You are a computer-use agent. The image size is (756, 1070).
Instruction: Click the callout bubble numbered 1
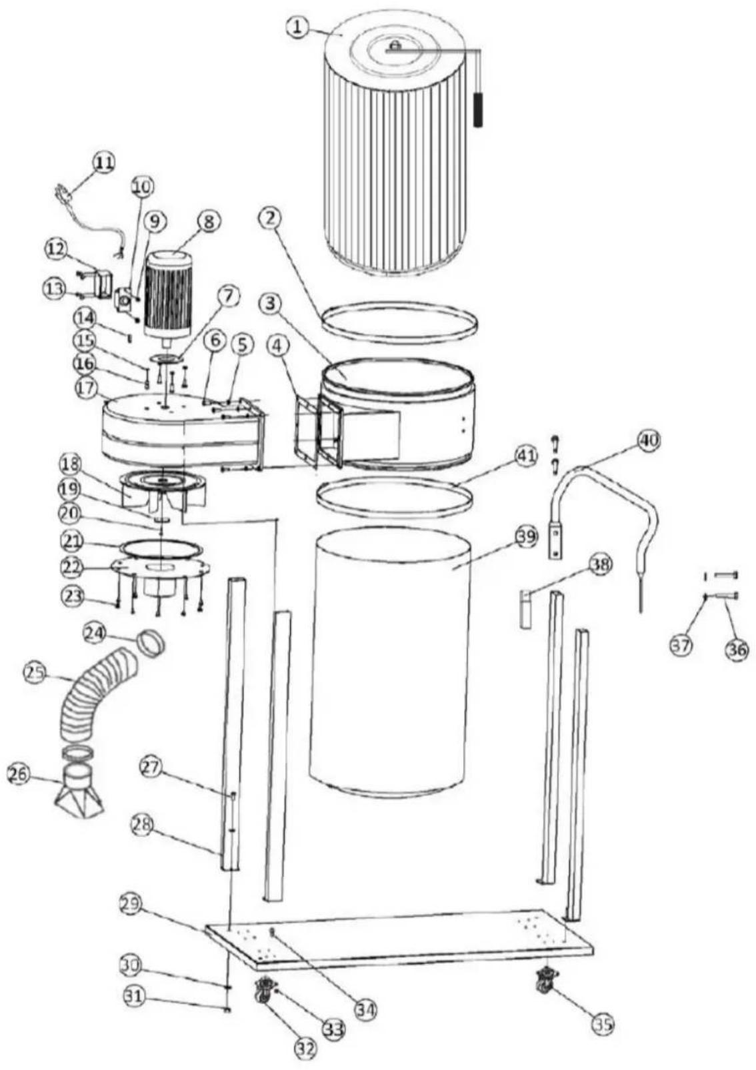pyautogui.click(x=298, y=27)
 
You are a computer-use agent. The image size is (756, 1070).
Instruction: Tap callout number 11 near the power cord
pyautogui.click(x=104, y=163)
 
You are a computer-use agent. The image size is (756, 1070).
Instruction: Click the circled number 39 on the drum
pyautogui.click(x=527, y=536)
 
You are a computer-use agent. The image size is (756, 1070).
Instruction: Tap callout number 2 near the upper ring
pyautogui.click(x=271, y=219)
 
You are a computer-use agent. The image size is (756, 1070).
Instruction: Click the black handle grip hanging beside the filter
pyautogui.click(x=478, y=111)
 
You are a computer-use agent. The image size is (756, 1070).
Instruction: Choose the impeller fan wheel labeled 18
pyautogui.click(x=163, y=494)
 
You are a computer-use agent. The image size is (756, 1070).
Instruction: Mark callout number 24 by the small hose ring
pyautogui.click(x=95, y=634)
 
